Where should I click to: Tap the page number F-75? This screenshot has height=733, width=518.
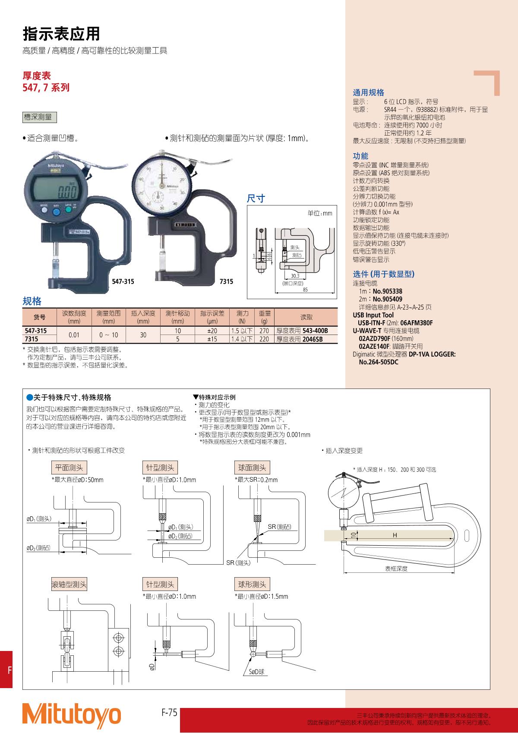[169, 712]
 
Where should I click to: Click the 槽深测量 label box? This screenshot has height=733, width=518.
[40, 117]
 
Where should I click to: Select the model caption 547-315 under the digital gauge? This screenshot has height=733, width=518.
[123, 281]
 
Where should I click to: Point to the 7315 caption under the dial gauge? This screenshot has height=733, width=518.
[226, 281]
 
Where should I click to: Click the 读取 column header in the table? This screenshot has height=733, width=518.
[306, 317]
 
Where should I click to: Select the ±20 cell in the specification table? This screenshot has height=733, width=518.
[212, 331]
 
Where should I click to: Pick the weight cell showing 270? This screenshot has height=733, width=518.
[264, 331]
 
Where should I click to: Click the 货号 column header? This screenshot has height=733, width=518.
[40, 317]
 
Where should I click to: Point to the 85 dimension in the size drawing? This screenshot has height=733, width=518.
[305, 290]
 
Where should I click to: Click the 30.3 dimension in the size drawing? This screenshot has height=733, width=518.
[295, 276]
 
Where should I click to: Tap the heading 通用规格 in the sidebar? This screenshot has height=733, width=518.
[369, 93]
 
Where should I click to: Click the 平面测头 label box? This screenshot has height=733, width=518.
[69, 468]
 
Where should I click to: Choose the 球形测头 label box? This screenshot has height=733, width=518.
[252, 585]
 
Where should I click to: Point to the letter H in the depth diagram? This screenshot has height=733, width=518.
[395, 535]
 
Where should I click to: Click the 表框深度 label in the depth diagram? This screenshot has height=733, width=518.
[396, 569]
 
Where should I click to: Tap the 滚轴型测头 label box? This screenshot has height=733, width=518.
[69, 585]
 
